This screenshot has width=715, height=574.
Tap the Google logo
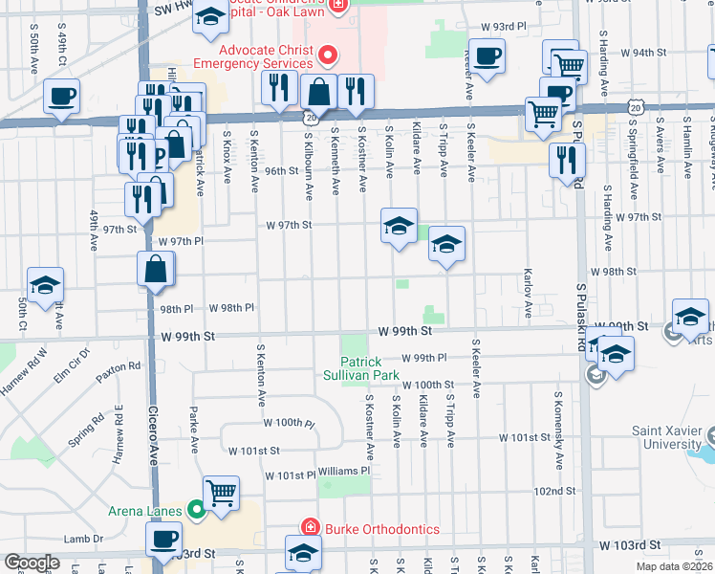point(32,563)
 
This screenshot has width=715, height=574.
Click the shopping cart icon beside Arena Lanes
point(221,493)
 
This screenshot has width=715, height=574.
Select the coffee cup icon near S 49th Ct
point(61,97)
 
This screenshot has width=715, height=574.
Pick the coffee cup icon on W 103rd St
point(163,539)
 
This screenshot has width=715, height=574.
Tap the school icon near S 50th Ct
point(45,286)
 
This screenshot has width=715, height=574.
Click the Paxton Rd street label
point(120,365)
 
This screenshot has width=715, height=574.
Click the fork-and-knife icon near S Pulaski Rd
point(567,160)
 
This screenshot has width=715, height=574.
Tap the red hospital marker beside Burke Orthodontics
point(309,529)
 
